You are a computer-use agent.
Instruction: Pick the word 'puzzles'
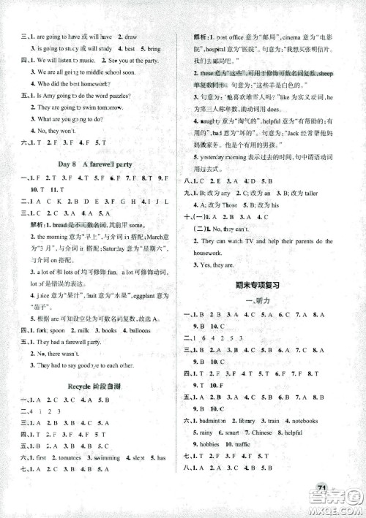coord(140,96)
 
